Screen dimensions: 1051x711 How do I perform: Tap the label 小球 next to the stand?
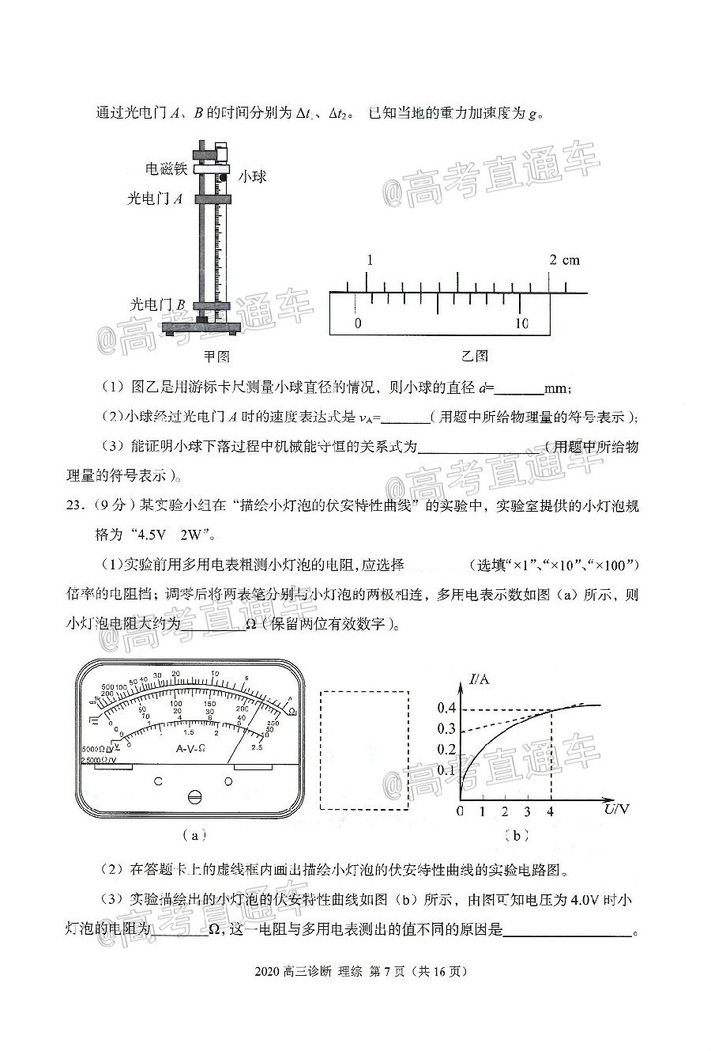[x=251, y=176]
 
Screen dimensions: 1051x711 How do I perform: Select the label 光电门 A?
[x=156, y=199]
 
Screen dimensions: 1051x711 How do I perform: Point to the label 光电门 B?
[x=158, y=304]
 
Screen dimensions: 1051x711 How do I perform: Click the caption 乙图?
[x=475, y=356]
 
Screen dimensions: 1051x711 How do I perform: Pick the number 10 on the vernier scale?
[x=521, y=323]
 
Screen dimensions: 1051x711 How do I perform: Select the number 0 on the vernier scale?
[x=358, y=323]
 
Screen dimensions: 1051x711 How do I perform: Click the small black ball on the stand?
[x=224, y=177]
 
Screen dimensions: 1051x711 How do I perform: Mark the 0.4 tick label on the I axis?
[x=447, y=708]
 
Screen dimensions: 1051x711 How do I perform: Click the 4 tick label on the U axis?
[x=550, y=811]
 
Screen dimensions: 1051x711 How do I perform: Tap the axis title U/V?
[x=617, y=808]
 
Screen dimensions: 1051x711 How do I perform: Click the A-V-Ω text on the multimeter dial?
[x=191, y=747]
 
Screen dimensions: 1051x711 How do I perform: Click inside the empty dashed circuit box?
[x=364, y=750]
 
